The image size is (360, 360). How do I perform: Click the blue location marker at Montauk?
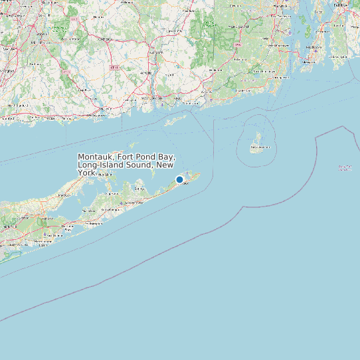(179, 179)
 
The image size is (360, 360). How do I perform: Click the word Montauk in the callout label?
(94, 157)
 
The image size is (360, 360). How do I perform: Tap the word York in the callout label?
(86, 172)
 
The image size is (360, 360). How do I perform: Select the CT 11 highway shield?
(114, 68)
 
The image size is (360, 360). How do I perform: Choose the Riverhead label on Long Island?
(64, 195)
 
